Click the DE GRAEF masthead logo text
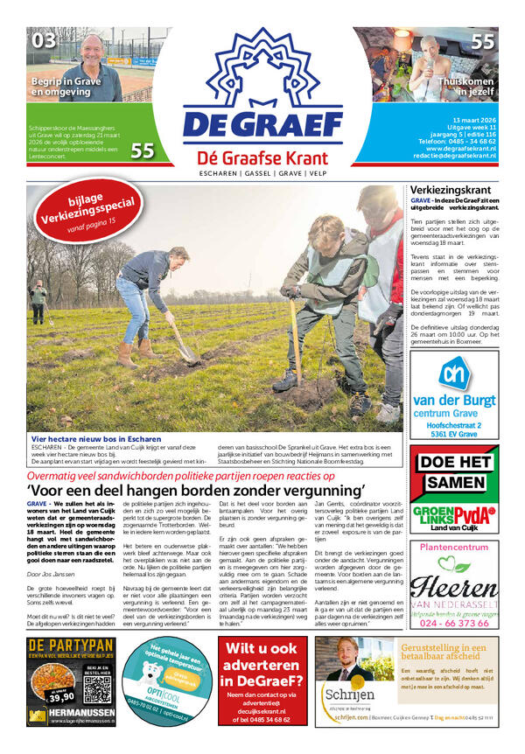(x=263, y=123)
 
